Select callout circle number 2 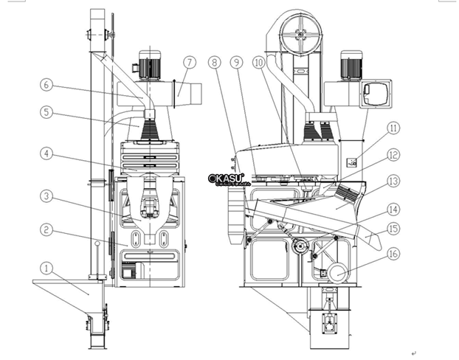pyautogui.click(x=46, y=229)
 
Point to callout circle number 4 pyautogui.click(x=46, y=154)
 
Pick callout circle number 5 pyautogui.click(x=46, y=113)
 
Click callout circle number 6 pyautogui.click(x=46, y=85)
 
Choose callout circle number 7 pyautogui.click(x=189, y=62)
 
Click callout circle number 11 pyautogui.click(x=393, y=128)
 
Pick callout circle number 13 pyautogui.click(x=393, y=181)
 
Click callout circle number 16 pyautogui.click(x=393, y=253)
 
